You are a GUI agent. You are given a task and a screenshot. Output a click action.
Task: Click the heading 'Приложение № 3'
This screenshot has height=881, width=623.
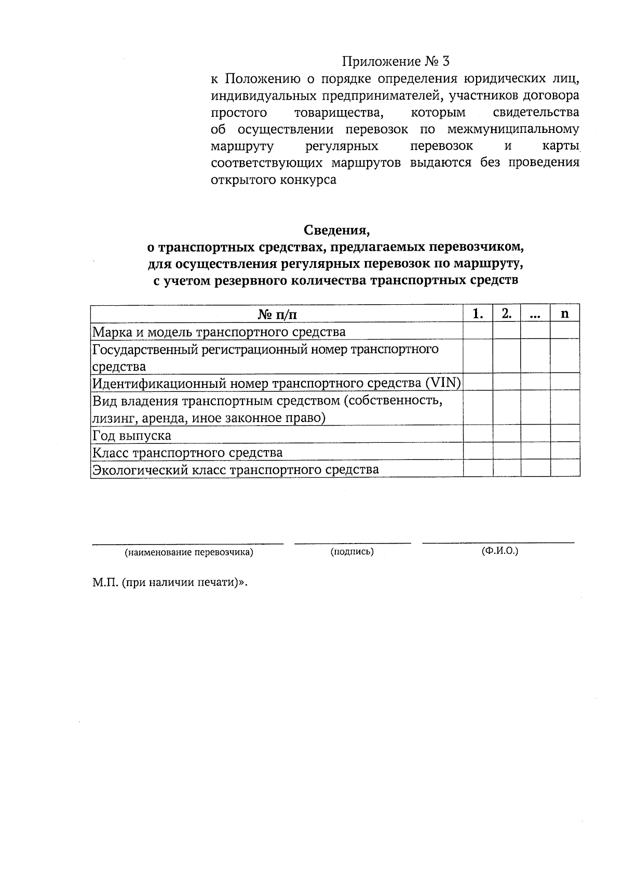tap(395, 62)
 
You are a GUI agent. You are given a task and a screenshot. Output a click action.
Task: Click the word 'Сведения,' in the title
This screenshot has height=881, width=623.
tap(336, 229)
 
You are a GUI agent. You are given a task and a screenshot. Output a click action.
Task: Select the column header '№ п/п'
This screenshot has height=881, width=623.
tap(277, 314)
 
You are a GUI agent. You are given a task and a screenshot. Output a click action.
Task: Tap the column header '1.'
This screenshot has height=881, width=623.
tap(478, 314)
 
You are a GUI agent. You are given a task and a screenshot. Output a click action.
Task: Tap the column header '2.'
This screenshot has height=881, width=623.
tap(507, 314)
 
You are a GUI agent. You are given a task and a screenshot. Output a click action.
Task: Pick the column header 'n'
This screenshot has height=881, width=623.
tap(565, 314)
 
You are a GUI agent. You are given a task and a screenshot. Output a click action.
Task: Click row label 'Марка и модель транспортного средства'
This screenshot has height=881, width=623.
tap(219, 332)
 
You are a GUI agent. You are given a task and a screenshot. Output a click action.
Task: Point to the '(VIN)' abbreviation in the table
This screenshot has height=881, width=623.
tap(443, 383)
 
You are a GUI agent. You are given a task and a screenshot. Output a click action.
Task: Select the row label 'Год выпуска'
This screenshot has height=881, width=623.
tap(131, 435)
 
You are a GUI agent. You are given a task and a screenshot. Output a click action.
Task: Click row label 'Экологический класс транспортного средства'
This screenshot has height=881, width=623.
tap(235, 470)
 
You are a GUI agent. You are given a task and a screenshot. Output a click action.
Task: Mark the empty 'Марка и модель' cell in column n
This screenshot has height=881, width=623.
tap(565, 331)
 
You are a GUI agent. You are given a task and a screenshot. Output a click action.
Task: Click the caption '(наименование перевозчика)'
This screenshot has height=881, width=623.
tap(188, 552)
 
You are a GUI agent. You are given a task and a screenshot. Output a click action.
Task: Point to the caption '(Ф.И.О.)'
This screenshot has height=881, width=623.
tap(499, 551)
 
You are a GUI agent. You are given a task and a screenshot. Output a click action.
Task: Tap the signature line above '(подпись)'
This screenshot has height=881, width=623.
tap(352, 543)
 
